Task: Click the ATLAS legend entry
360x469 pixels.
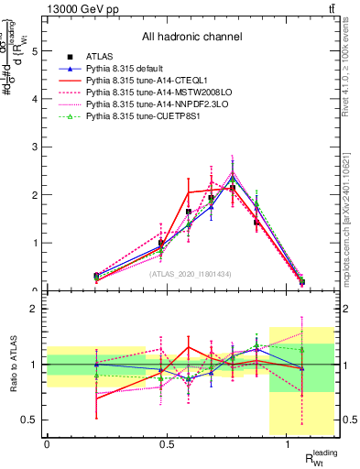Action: click(99, 57)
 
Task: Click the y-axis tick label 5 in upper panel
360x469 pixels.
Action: click(36, 52)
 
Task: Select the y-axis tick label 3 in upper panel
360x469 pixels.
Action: click(36, 147)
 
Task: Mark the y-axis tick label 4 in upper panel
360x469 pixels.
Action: click(36, 100)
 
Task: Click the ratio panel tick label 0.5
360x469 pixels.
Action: click(32, 420)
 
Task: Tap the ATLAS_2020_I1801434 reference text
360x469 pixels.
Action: click(190, 274)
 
